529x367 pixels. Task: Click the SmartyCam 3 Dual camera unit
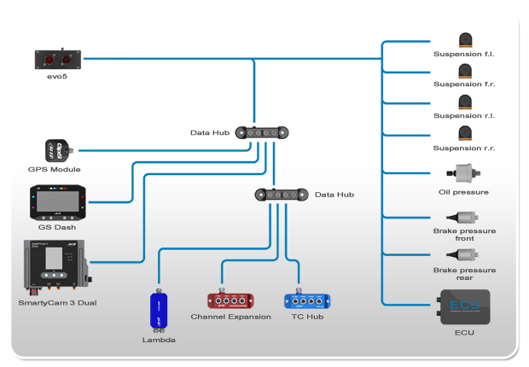pyautogui.click(x=55, y=268)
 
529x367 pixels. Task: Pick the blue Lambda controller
pyautogui.click(x=159, y=310)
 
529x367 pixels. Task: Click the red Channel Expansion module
pyautogui.click(x=230, y=300)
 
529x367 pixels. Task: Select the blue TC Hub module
pyautogui.click(x=307, y=300)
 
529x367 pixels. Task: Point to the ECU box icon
pyautogui.click(x=464, y=306)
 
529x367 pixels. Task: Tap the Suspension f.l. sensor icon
pyautogui.click(x=464, y=40)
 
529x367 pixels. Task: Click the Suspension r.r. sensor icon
pyautogui.click(x=464, y=133)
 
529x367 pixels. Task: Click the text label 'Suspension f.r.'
pyautogui.click(x=464, y=84)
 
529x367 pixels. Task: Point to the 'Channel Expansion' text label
pyautogui.click(x=230, y=317)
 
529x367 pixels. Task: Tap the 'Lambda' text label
pyautogui.click(x=159, y=340)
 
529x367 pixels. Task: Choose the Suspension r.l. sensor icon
pyautogui.click(x=464, y=102)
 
